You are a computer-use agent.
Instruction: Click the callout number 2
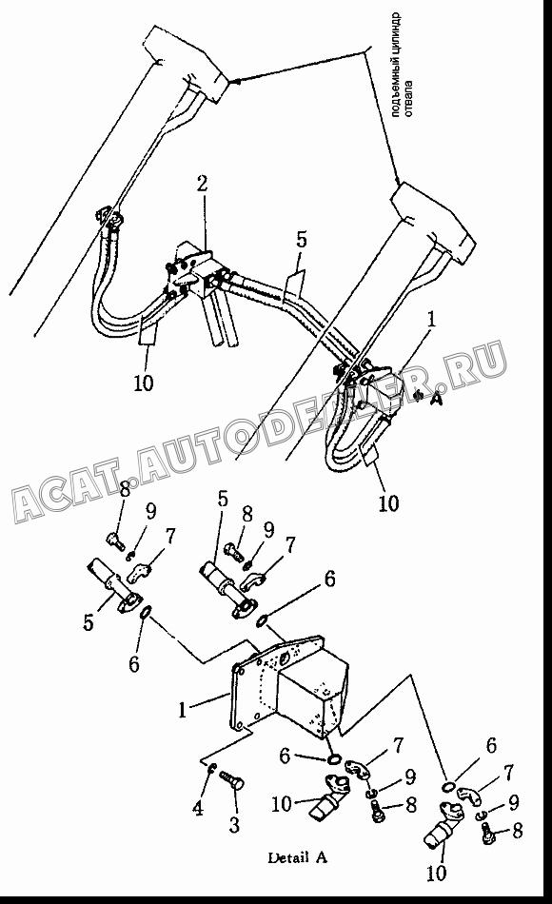coord(202,185)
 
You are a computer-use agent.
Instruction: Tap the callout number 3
coord(233,824)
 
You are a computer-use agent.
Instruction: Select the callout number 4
coord(198,808)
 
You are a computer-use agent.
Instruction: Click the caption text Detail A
coord(297,857)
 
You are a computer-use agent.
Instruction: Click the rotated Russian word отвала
coord(408,100)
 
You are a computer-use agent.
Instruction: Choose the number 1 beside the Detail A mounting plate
coord(183,710)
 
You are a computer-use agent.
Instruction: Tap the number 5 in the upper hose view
coord(302,241)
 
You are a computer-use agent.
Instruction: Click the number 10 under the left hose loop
coord(144,383)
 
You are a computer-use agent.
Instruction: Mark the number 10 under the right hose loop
coord(388,502)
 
